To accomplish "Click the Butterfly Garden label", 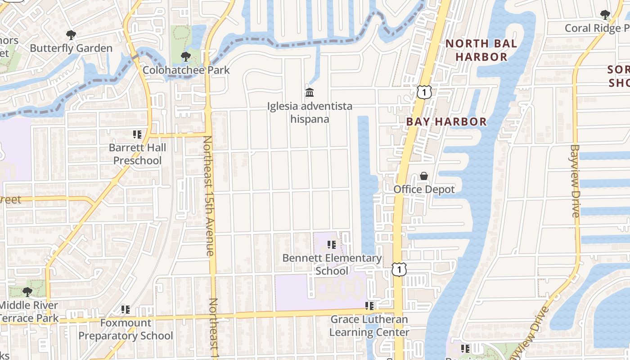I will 71,48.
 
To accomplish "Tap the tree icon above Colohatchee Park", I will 185,57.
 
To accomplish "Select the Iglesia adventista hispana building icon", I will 310,93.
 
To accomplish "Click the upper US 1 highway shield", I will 424,92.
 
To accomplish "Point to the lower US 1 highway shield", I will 399,270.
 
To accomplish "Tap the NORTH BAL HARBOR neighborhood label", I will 481,50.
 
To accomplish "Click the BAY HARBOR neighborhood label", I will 446,122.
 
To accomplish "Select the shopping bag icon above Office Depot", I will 424,176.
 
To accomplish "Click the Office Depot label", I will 424,189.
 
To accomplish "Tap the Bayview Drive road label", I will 575,181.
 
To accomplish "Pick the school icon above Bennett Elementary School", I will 332,245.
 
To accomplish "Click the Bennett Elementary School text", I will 332,264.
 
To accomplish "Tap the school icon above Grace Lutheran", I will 369,306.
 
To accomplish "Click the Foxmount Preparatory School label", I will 126,329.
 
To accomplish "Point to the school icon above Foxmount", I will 126,310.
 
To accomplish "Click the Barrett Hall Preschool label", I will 137,154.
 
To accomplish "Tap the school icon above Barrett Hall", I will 137,134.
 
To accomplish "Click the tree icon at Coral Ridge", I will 605,14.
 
